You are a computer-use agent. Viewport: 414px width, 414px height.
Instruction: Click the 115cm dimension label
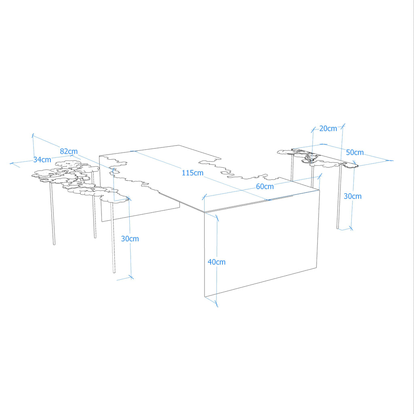pyautogui.click(x=192, y=173)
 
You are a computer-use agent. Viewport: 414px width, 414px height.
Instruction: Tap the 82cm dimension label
pyautogui.click(x=69, y=151)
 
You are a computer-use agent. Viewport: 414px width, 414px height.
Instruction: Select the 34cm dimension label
pyautogui.click(x=42, y=159)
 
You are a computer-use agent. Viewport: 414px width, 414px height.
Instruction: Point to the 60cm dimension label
pyautogui.click(x=265, y=186)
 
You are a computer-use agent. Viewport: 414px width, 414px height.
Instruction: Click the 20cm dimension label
pyautogui.click(x=328, y=129)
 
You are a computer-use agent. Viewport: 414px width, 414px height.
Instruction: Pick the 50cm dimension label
pyautogui.click(x=355, y=152)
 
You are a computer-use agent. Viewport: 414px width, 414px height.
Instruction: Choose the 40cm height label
pyautogui.click(x=217, y=262)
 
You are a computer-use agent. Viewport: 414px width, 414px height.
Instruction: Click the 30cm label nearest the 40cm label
pyautogui.click(x=130, y=239)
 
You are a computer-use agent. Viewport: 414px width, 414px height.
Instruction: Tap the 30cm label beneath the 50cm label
pyautogui.click(x=353, y=196)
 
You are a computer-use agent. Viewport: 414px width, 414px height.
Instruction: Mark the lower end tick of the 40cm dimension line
pyautogui.click(x=217, y=304)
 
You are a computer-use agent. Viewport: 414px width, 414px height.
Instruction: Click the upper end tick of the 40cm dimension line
pyautogui.click(x=217, y=218)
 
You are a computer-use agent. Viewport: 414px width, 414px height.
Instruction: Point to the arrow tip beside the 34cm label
pyautogui.click(x=10, y=163)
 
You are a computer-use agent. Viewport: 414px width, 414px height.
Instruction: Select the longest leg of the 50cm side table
pyautogui.click(x=339, y=197)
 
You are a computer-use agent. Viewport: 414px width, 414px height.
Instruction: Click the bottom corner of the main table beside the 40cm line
pyautogui.click(x=205, y=297)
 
